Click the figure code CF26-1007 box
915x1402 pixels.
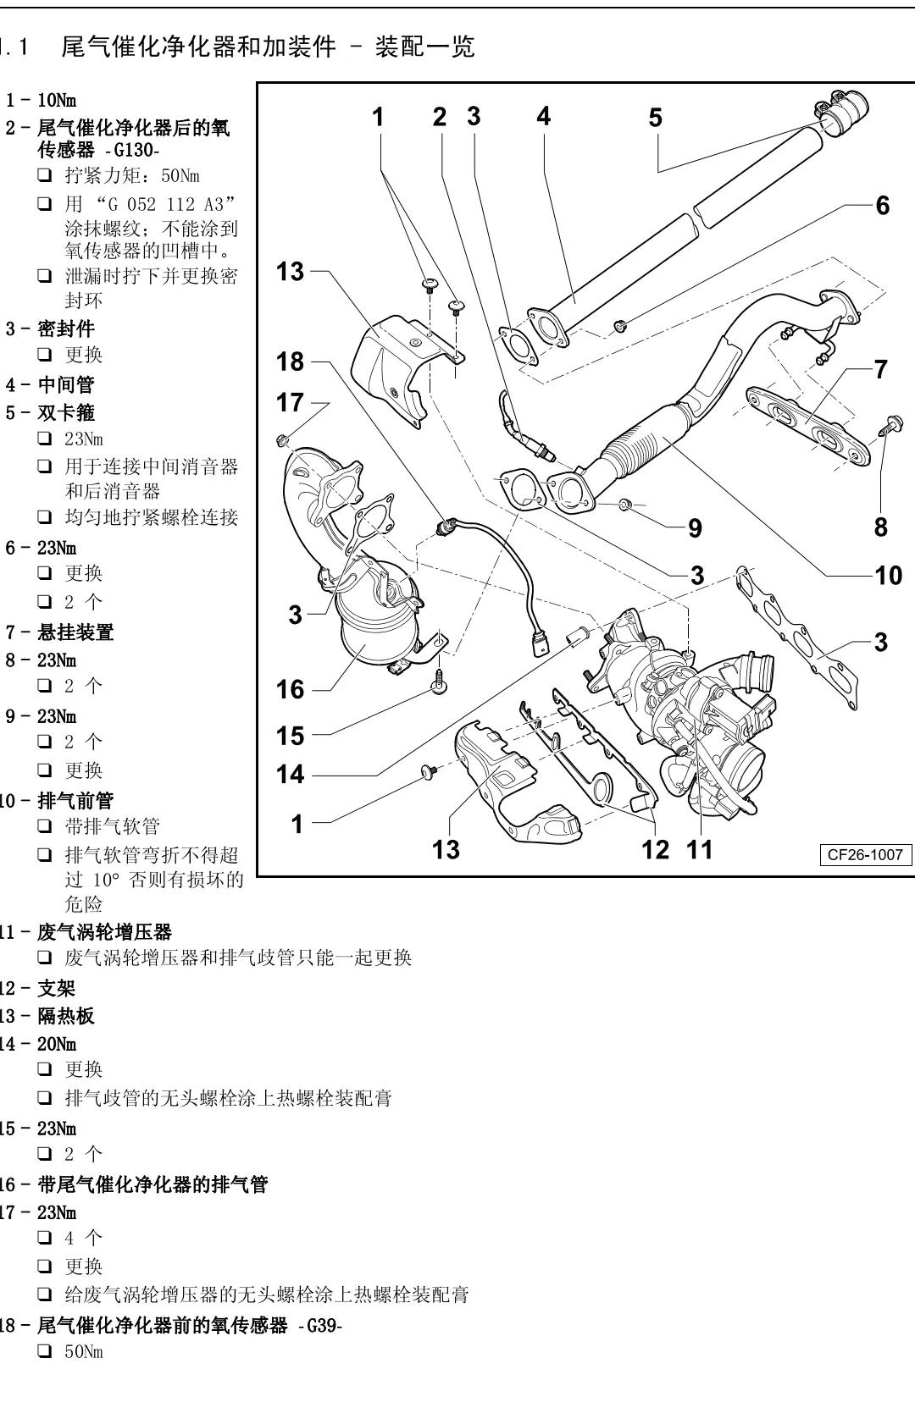point(865,855)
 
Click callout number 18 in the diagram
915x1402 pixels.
point(290,362)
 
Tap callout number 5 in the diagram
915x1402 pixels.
point(655,118)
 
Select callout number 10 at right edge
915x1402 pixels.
point(888,576)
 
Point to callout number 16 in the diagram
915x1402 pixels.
point(290,689)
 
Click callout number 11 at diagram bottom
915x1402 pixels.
point(700,849)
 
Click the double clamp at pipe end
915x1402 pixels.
point(842,113)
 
